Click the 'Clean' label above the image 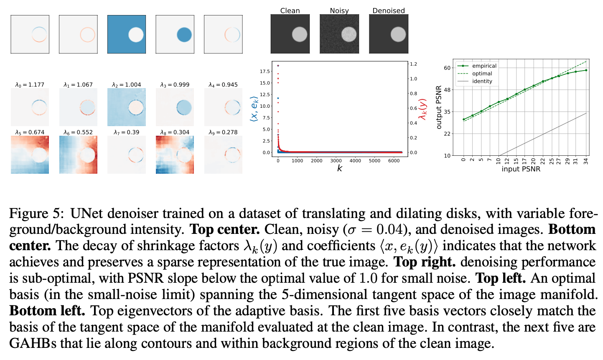coord(290,10)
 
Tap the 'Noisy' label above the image coord(339,10)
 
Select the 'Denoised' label coord(388,10)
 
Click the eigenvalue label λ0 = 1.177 coord(30,85)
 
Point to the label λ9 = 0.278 coord(223,132)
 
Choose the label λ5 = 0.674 coord(30,132)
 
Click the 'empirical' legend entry coord(484,66)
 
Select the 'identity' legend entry coord(482,81)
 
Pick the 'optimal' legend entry coord(482,74)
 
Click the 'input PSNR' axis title coord(521,169)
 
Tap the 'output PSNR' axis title coord(439,107)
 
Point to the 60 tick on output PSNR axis coord(447,68)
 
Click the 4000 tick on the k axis coord(355,161)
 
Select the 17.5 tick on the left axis coord(265,71)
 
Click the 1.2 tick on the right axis coord(413,64)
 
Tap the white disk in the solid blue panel coord(136,34)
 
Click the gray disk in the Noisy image coord(349,34)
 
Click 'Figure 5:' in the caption coord(36,213)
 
